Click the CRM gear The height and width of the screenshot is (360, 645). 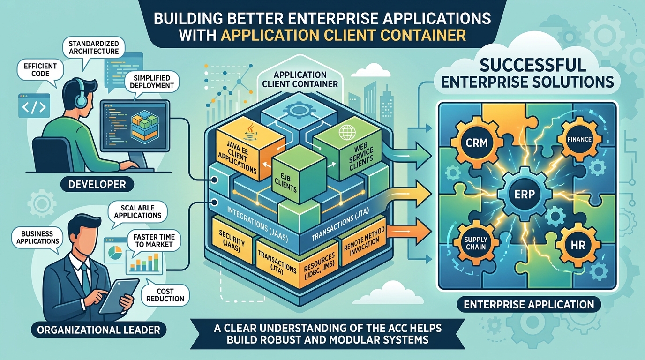477,142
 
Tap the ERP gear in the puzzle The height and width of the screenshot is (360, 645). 525,194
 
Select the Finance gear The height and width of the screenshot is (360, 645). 579,139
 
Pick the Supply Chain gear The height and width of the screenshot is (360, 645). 476,243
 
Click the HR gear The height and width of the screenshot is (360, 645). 578,245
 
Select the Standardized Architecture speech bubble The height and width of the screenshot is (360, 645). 94,49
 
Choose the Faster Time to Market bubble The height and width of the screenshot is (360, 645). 154,241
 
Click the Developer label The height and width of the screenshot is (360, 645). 97,184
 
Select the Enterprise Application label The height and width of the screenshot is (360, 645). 529,304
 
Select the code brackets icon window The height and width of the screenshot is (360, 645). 34,105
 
